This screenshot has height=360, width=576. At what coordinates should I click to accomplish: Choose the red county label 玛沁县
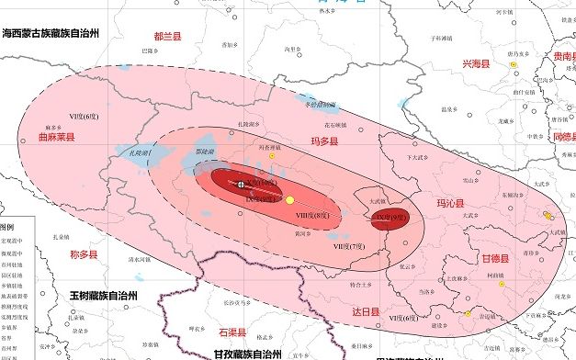449,204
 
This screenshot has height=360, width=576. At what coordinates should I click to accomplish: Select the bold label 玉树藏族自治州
103,296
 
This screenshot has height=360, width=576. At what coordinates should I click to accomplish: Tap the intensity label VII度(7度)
349,246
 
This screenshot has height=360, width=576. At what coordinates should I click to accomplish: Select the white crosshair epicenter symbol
242,185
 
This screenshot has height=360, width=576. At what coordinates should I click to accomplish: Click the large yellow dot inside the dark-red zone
289,200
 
